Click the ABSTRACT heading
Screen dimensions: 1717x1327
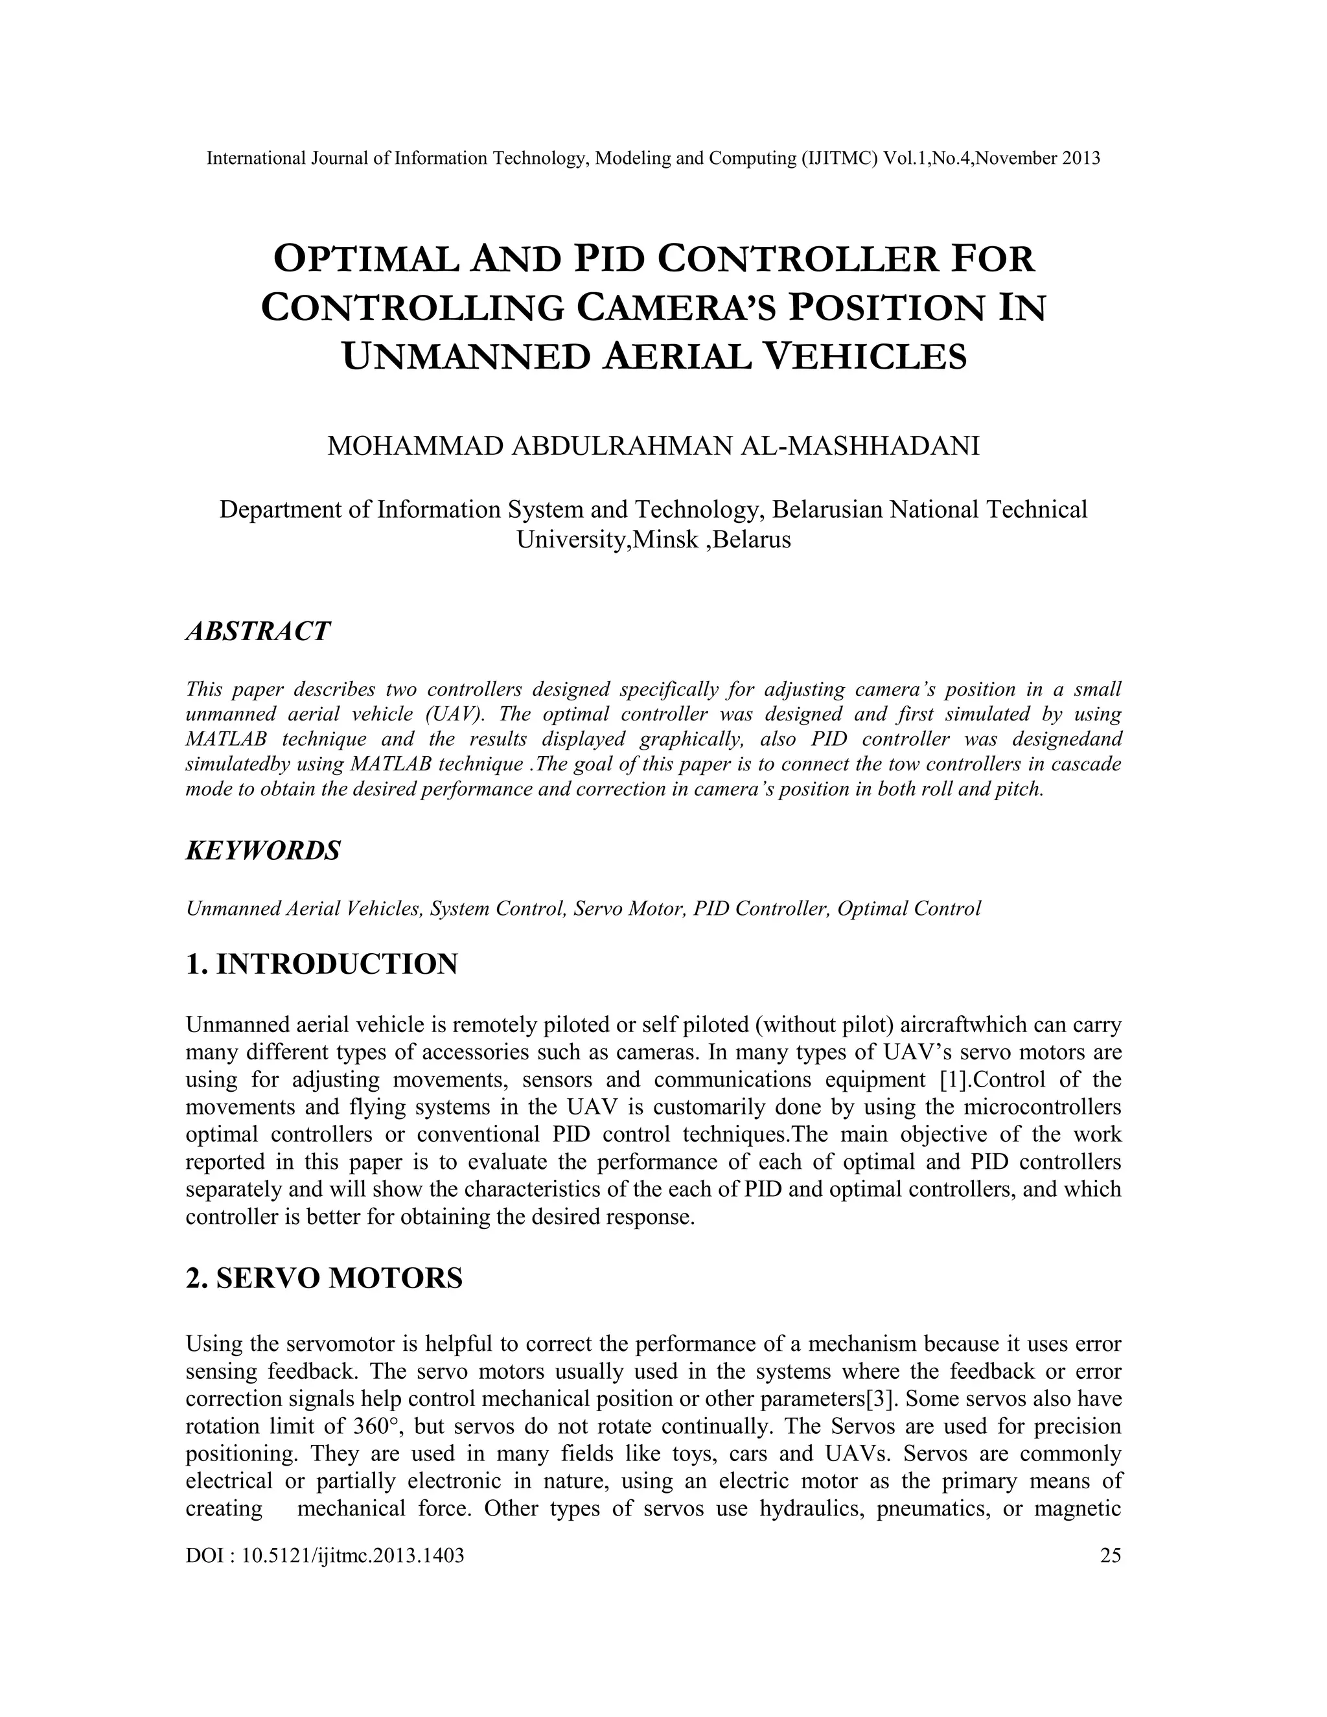[257, 631]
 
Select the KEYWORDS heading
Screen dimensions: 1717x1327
[262, 850]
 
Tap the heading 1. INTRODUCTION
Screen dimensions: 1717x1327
[321, 964]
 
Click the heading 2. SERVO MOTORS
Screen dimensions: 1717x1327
[324, 1278]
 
